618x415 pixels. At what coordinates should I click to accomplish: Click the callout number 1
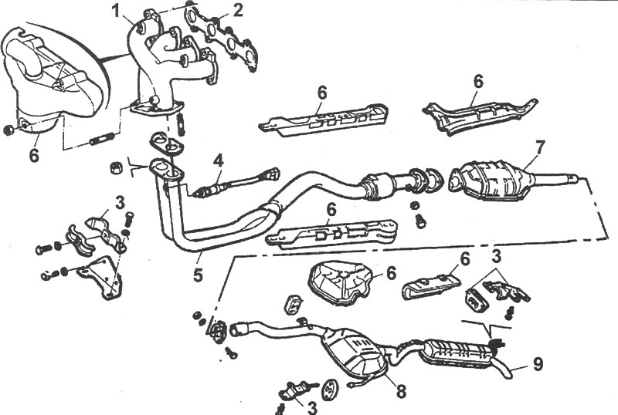pos(115,11)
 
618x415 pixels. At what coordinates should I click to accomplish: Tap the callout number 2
pos(238,11)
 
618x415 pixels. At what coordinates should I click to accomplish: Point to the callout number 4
pos(219,161)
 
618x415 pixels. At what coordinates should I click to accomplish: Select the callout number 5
pos(198,274)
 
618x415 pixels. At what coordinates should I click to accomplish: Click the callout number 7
pos(539,147)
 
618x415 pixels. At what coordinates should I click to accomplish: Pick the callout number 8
pos(401,390)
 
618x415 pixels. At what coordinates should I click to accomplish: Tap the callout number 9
pos(538,364)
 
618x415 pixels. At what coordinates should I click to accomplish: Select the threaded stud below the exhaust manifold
pos(103,139)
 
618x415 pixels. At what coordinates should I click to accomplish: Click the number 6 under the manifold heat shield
pos(34,155)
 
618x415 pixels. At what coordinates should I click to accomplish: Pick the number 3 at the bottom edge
pos(312,407)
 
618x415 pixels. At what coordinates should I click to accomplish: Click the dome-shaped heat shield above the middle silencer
pos(341,282)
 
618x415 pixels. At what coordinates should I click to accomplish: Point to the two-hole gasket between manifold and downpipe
pos(166,142)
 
